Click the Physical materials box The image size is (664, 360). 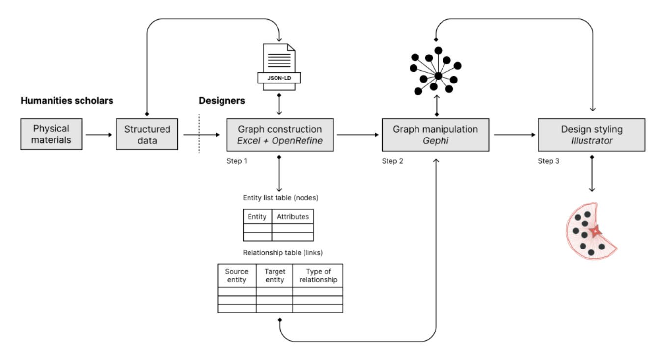(x=51, y=134)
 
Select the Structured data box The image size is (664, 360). (x=147, y=134)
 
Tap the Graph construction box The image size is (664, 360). (x=280, y=134)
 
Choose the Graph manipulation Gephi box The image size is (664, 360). (x=435, y=134)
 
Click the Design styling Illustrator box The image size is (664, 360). (x=591, y=134)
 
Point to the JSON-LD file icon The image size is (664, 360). (x=279, y=67)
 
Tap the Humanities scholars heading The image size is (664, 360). (x=67, y=101)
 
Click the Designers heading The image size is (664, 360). (x=221, y=101)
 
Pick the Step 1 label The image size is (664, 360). (x=237, y=161)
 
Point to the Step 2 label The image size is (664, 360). (x=392, y=161)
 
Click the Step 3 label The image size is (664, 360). (x=548, y=161)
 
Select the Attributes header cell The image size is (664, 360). (x=293, y=217)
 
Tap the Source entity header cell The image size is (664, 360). (x=237, y=276)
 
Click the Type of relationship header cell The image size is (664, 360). (x=318, y=276)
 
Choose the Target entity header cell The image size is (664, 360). (x=275, y=276)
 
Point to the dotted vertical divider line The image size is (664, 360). (x=199, y=134)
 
